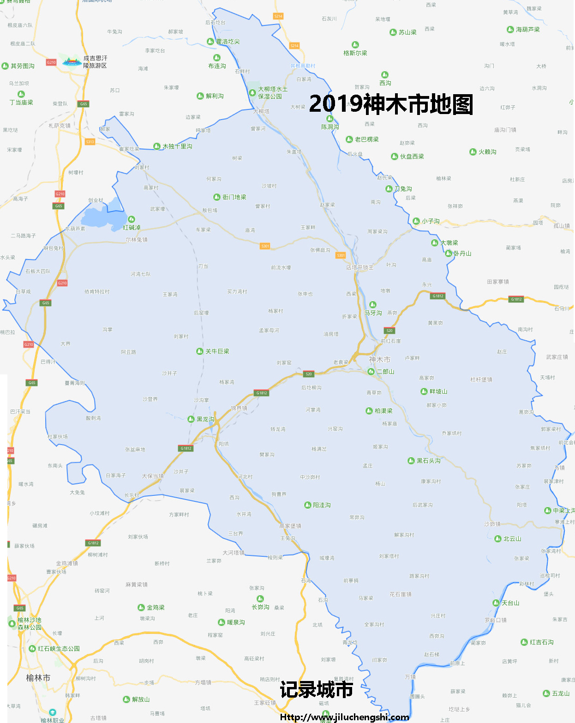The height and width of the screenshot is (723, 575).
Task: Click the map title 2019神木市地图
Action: coord(391,104)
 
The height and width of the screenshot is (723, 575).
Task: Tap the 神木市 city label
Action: coord(379,359)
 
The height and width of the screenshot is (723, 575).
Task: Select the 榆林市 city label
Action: coord(38,678)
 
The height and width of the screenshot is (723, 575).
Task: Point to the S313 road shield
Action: coord(90,142)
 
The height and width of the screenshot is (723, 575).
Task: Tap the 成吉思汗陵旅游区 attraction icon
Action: coord(72,61)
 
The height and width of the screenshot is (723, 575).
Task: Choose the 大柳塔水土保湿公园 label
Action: coord(272,93)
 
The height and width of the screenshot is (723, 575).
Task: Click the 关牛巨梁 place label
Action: coord(217,351)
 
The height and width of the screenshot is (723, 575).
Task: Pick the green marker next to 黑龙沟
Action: coord(192,419)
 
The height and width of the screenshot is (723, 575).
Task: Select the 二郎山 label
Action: coord(385,371)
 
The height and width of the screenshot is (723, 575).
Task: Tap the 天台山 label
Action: coord(510,603)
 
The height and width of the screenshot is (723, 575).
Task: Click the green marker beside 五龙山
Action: coord(546,693)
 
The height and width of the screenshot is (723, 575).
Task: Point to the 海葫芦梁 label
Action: coord(527,30)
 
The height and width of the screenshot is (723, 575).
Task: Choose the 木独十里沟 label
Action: coord(177,146)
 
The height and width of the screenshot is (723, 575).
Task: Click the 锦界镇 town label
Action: coord(239,408)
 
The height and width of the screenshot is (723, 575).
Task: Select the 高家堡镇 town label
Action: coord(290,526)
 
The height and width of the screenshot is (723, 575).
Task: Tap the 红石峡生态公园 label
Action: coord(59,649)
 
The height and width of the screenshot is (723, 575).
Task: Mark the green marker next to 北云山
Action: coord(498,539)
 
